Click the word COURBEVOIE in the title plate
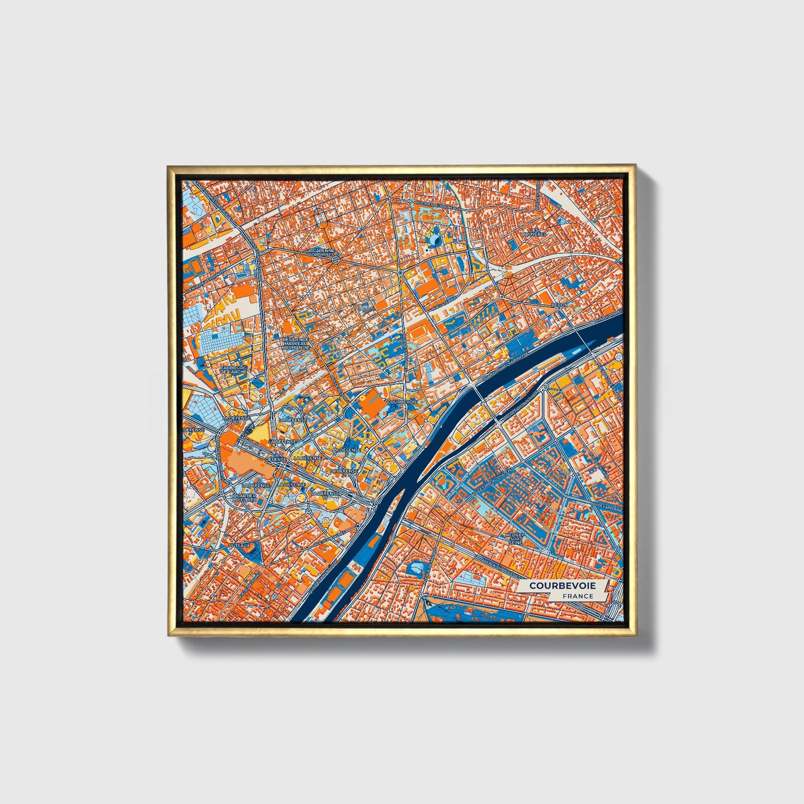click(x=562, y=586)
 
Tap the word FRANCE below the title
click(x=578, y=596)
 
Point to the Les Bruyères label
click(x=534, y=232)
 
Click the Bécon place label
click(x=560, y=305)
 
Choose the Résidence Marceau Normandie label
click(x=295, y=343)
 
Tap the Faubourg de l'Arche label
click(x=234, y=369)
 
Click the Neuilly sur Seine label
click(x=515, y=538)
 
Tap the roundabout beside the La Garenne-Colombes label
click(x=336, y=260)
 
